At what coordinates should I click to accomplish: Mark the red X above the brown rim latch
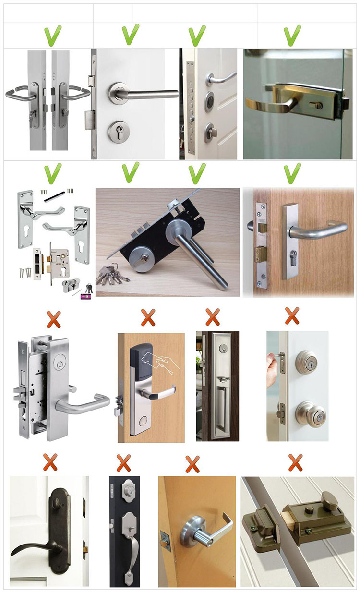295,462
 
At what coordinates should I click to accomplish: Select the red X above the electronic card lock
148,317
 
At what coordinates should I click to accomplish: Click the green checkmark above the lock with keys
131,172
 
